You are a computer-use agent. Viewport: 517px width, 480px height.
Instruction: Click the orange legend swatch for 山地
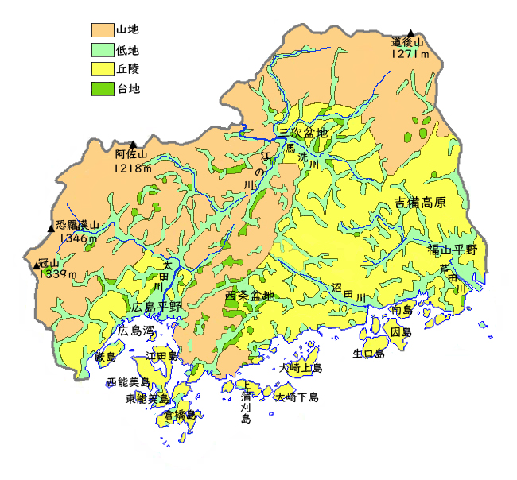tap(103, 30)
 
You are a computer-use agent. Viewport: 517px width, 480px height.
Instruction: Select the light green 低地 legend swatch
tap(103, 50)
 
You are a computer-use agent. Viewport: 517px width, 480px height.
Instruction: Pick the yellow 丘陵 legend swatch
tap(103, 70)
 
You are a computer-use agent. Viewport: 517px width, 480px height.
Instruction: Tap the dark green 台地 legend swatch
tap(103, 89)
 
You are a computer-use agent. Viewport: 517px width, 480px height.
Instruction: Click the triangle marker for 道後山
tap(410, 33)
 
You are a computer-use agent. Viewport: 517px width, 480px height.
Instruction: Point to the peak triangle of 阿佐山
tap(133, 145)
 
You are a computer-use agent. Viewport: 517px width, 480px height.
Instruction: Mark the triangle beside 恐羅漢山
tap(51, 229)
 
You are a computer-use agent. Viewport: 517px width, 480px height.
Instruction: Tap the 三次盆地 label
tap(303, 133)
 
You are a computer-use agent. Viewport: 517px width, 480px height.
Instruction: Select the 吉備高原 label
tap(420, 203)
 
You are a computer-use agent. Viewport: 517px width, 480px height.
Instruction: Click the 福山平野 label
tap(452, 250)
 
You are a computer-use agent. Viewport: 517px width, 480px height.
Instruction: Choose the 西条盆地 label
tap(250, 296)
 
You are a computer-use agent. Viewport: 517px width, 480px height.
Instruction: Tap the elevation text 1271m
tap(410, 54)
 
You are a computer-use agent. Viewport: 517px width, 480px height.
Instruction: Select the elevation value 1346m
tap(77, 238)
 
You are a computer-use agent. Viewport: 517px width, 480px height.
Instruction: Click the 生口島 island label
tap(369, 354)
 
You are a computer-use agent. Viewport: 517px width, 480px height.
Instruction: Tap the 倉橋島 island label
tap(180, 415)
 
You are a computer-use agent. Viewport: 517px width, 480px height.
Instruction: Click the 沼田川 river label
tap(348, 292)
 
